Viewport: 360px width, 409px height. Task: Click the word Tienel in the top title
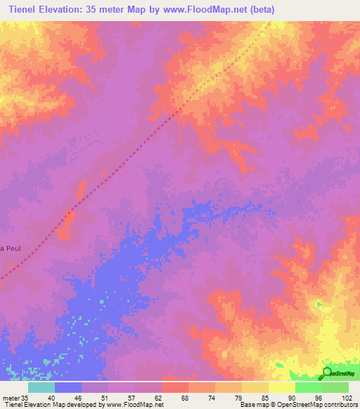pyautogui.click(x=22, y=10)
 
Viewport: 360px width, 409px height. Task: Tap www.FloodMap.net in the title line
pyautogui.click(x=206, y=10)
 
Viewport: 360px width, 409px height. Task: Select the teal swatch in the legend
pyautogui.click(x=41, y=387)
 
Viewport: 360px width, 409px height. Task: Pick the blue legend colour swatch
pyautogui.click(x=68, y=387)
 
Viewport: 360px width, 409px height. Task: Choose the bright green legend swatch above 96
pyautogui.click(x=309, y=387)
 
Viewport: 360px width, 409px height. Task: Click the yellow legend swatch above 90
pyautogui.click(x=282, y=387)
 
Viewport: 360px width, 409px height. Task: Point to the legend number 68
pyautogui.click(x=184, y=397)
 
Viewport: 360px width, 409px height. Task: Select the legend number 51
pyautogui.click(x=104, y=397)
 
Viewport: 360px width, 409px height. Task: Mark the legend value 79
pyautogui.click(x=238, y=397)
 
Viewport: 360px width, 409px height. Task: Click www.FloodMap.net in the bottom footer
pyautogui.click(x=134, y=405)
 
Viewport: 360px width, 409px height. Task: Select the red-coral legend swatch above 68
pyautogui.click(x=175, y=387)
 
